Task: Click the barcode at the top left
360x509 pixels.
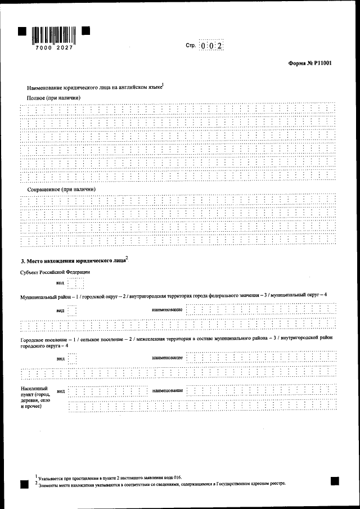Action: pyautogui.click(x=54, y=35)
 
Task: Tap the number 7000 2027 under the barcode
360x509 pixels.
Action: pyautogui.click(x=54, y=48)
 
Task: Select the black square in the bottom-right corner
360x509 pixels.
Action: pyautogui.click(x=335, y=480)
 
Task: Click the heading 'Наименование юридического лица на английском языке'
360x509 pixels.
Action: pyautogui.click(x=94, y=88)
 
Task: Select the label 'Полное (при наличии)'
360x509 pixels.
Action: pyautogui.click(x=53, y=98)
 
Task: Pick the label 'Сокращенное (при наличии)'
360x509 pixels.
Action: pyautogui.click(x=61, y=190)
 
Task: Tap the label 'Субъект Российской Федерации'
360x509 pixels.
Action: pyautogui.click(x=55, y=272)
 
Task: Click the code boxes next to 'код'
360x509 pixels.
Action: pyautogui.click(x=75, y=283)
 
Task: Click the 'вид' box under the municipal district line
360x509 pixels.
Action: pyautogui.click(x=72, y=310)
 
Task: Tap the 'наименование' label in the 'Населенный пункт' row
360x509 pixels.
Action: pyautogui.click(x=167, y=390)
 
